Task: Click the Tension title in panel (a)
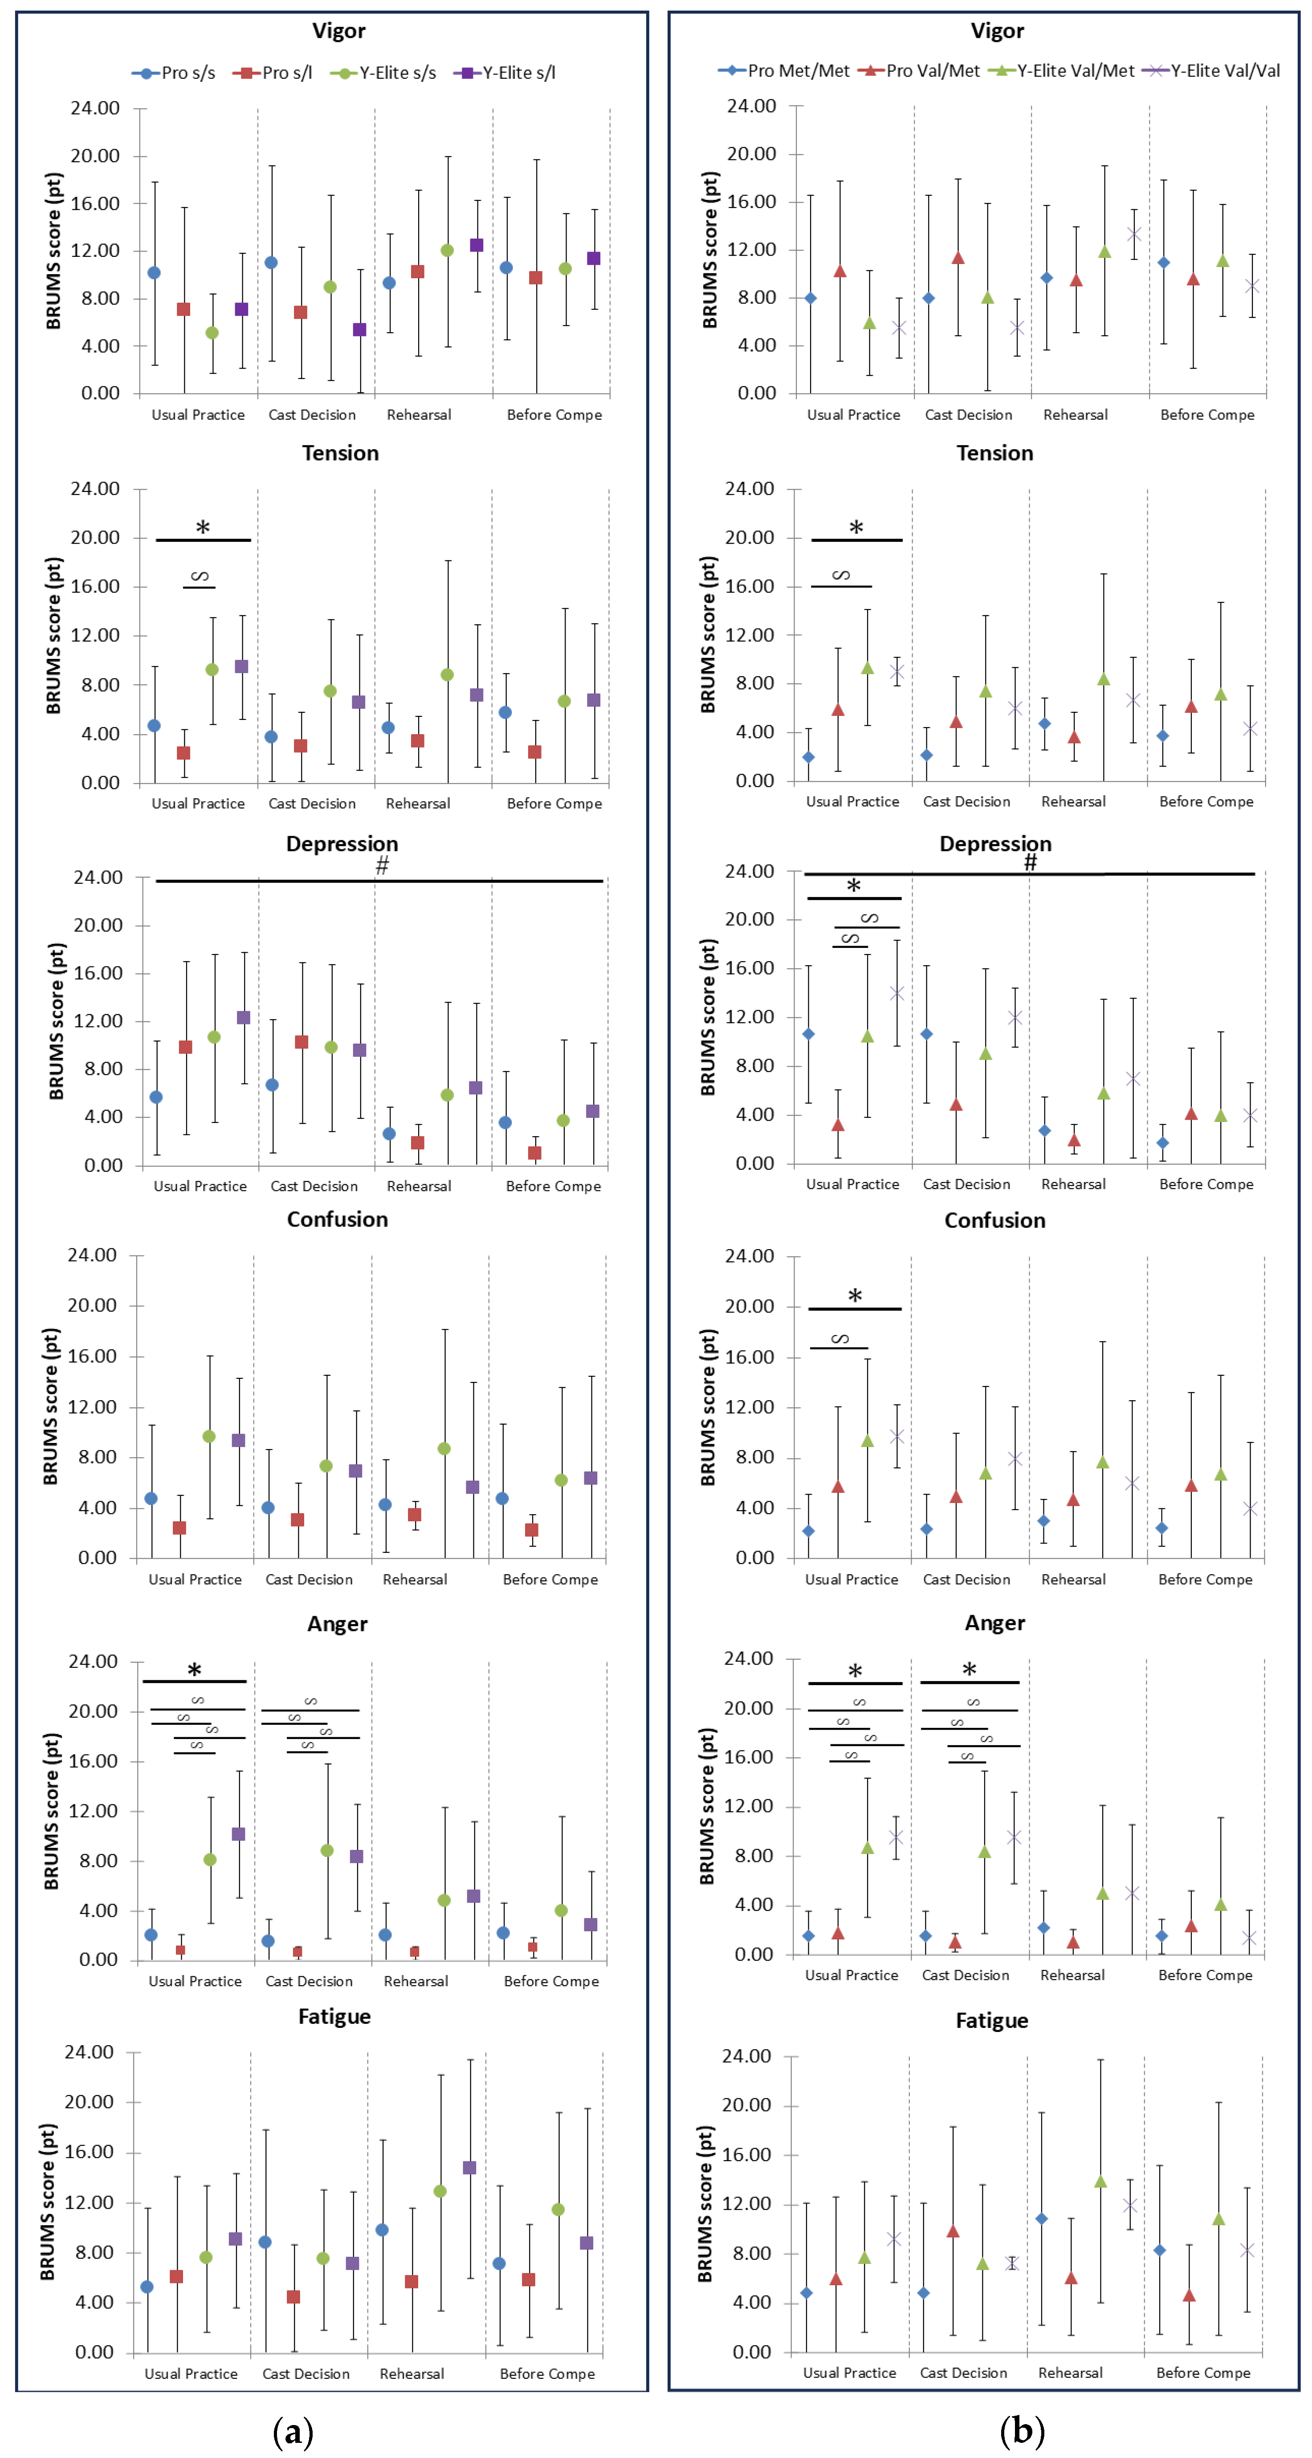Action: tap(340, 453)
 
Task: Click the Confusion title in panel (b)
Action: tap(994, 1220)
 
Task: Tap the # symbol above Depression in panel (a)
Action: tap(382, 865)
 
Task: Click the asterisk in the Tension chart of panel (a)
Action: tap(202, 528)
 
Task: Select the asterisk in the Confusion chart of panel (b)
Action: tap(855, 1296)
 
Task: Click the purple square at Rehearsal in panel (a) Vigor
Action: tap(476, 245)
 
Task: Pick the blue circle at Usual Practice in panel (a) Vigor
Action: tap(154, 273)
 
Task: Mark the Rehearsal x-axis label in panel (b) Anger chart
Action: tap(1072, 1975)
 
